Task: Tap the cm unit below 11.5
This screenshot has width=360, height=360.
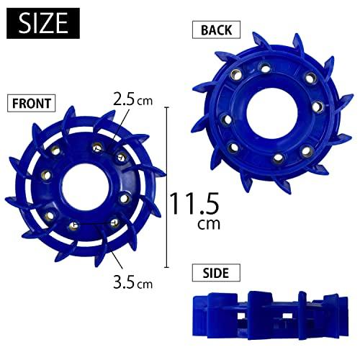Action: click(x=208, y=225)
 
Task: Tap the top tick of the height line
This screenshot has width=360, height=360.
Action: click(x=168, y=107)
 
